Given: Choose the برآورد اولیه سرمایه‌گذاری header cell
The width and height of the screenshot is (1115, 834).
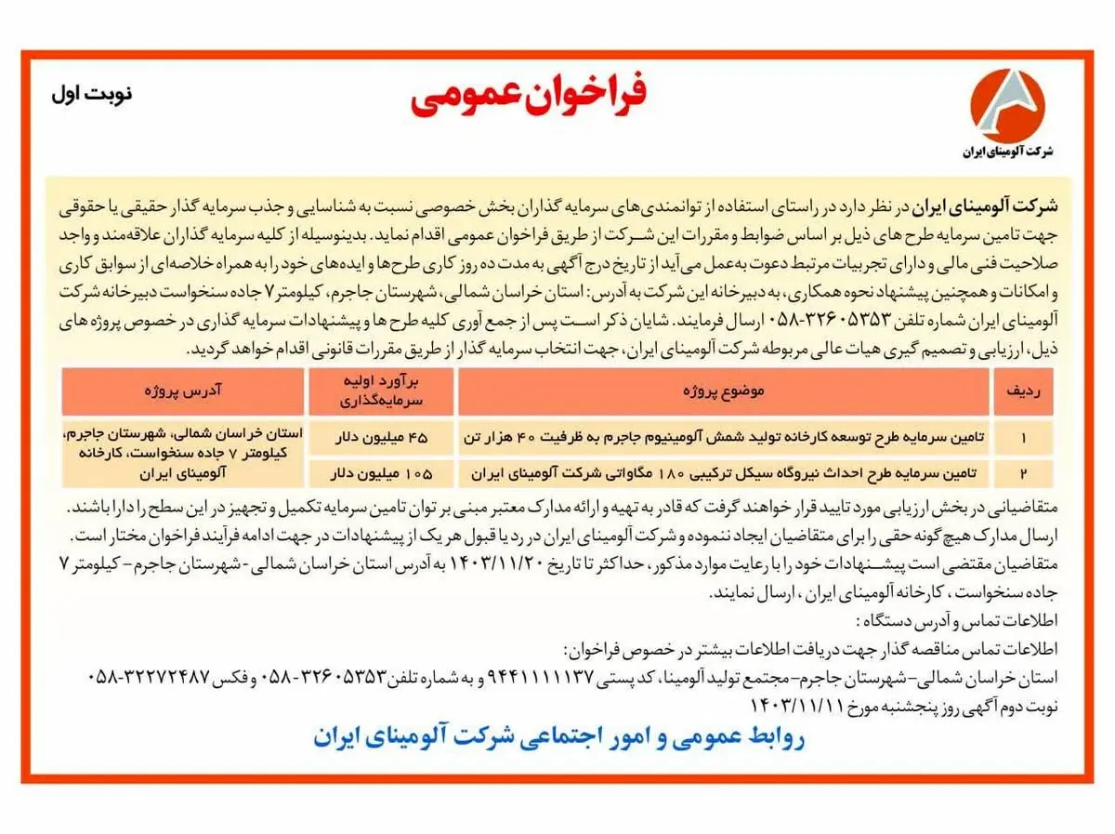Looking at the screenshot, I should coord(381,391).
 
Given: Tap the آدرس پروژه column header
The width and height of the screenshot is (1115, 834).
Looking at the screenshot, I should coord(183,391).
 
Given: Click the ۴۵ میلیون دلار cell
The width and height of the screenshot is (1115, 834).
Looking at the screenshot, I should coord(381,435).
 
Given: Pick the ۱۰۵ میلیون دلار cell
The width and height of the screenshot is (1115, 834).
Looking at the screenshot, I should coord(381,473).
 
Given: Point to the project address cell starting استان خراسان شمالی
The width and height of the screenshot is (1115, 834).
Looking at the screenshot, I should coord(183,454).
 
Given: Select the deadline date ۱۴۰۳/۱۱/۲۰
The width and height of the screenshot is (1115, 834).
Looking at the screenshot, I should coord(487,563).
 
